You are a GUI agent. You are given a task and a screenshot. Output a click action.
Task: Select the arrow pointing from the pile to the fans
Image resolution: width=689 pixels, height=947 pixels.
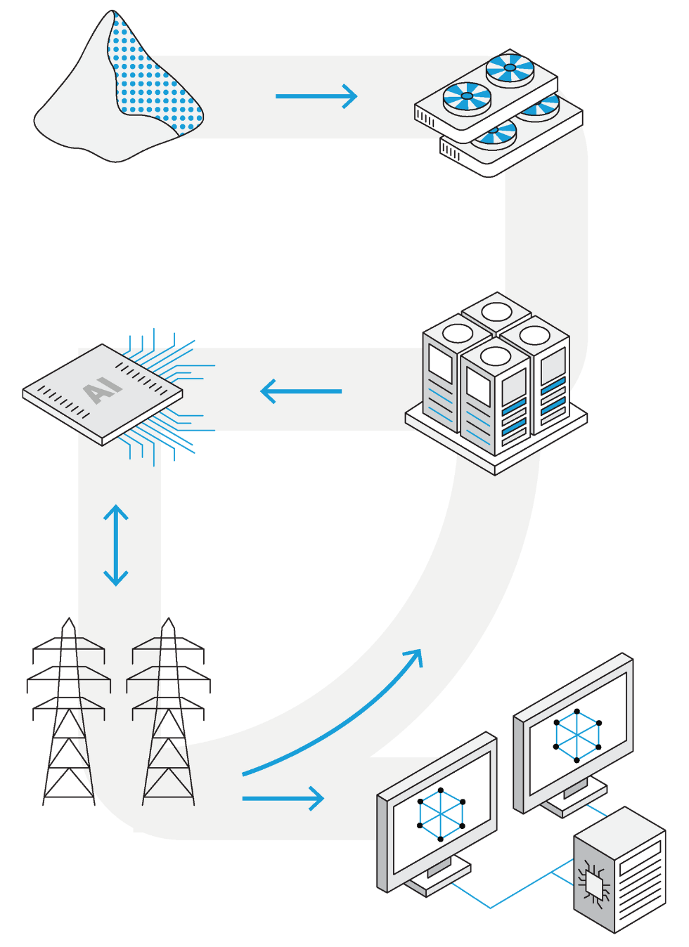click(x=316, y=96)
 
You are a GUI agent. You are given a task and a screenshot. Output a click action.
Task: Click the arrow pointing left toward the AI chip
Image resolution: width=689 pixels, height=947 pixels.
click(x=301, y=391)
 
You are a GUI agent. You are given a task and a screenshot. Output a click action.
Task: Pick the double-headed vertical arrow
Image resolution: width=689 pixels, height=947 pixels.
click(x=116, y=545)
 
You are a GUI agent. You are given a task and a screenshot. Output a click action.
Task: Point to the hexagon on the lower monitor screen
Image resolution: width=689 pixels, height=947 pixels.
click(x=442, y=814)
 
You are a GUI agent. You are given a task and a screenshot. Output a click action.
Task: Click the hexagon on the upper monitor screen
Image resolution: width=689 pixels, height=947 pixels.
click(x=577, y=736)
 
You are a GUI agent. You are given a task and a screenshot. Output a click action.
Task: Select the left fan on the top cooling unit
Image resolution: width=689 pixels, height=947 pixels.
click(x=467, y=96)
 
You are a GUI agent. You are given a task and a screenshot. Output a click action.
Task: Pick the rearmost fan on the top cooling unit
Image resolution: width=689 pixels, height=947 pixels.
click(x=510, y=68)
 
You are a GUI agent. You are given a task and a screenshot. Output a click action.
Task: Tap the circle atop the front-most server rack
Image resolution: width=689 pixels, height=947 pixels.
click(x=496, y=356)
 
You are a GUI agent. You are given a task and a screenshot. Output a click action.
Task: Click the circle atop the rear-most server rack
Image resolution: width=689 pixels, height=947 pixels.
click(x=496, y=311)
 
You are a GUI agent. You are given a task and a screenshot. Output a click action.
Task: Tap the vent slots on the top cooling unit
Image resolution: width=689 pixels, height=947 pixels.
click(x=425, y=119)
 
